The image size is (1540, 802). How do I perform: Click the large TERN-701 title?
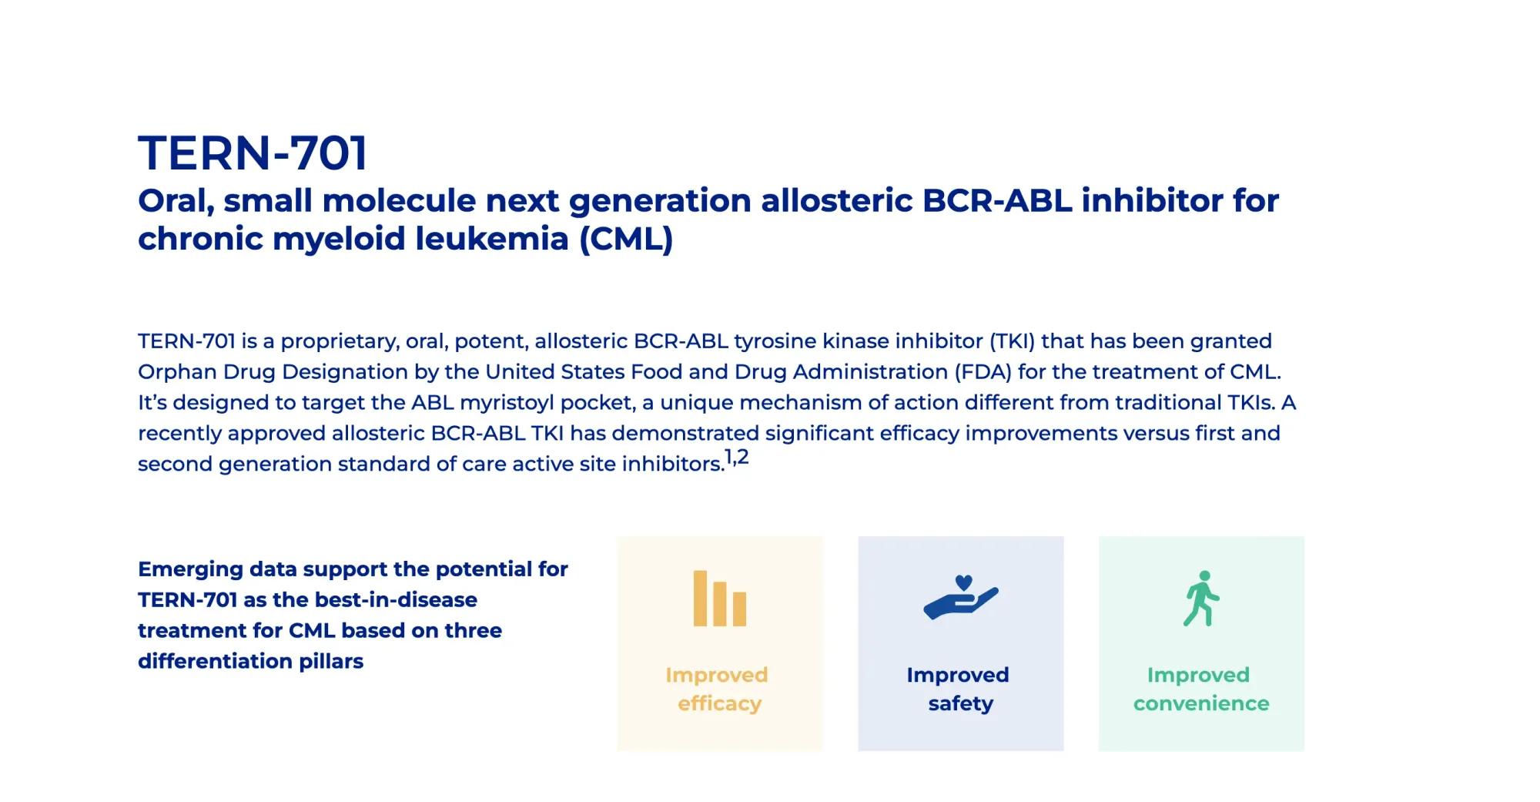click(253, 153)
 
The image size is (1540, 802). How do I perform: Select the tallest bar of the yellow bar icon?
click(700, 598)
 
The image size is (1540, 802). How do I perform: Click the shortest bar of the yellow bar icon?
click(739, 609)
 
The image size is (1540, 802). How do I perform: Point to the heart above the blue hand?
click(963, 582)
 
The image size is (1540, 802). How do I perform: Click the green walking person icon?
click(1201, 599)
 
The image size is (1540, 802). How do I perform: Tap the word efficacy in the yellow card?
click(719, 703)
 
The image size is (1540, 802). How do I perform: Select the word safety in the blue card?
click(960, 703)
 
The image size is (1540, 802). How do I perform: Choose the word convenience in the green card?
click(1200, 703)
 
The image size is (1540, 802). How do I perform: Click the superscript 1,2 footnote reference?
click(737, 457)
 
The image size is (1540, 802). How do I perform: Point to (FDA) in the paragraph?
click(983, 372)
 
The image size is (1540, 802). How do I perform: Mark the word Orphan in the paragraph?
click(177, 372)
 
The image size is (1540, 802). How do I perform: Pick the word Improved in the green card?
click(1197, 675)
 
